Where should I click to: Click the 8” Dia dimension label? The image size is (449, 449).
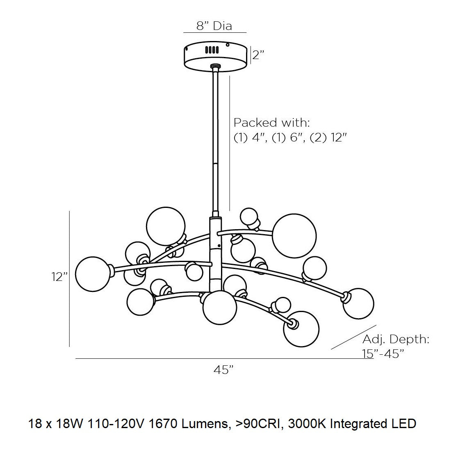[214, 26]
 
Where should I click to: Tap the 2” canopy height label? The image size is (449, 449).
[258, 55]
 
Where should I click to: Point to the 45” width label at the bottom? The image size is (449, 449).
[223, 370]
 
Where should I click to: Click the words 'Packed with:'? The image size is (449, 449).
[271, 122]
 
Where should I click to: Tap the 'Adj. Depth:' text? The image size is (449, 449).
[396, 339]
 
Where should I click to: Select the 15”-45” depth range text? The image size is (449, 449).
[383, 353]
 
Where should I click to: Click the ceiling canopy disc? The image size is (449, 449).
[216, 57]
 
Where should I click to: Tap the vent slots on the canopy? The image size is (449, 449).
[212, 50]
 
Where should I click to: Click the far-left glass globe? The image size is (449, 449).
[93, 274]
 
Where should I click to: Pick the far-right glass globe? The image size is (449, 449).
[358, 303]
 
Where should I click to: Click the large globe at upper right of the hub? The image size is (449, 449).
[294, 236]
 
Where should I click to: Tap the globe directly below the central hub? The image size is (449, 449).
[220, 308]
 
